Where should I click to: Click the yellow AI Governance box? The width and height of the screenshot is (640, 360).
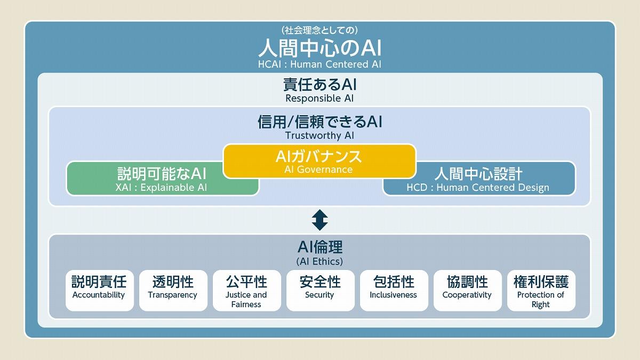[319, 161]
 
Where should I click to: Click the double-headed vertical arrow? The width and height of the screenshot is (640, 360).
[319, 220]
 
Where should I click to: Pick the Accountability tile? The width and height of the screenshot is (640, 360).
[99, 290]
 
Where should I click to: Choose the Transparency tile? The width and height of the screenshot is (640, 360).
[172, 290]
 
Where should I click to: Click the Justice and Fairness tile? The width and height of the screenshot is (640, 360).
[246, 290]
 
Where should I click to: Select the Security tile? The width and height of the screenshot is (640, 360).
[319, 290]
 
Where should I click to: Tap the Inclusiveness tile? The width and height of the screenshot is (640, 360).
[393, 290]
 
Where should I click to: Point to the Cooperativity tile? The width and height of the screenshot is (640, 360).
[467, 290]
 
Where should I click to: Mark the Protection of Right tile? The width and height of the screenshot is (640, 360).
[540, 290]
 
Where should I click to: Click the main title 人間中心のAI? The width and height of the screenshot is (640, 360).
[319, 49]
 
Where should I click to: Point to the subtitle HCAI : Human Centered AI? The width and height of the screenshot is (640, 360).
[319, 65]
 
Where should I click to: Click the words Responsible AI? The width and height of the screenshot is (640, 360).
[319, 99]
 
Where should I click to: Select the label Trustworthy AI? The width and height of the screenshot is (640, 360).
[319, 135]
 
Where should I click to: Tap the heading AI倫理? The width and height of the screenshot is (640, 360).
[319, 247]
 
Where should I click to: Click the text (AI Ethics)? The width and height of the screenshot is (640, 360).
[319, 261]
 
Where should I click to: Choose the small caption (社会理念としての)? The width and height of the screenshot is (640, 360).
[319, 30]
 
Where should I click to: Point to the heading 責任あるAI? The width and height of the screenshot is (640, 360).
[319, 85]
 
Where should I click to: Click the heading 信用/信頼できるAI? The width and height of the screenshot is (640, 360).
[319, 122]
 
